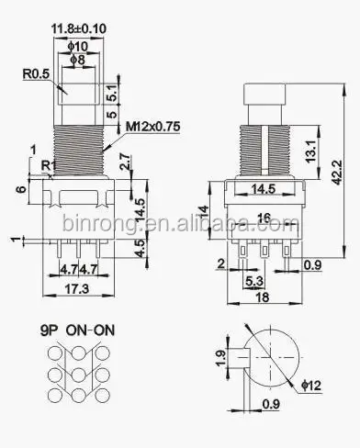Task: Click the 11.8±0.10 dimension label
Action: point(79,29)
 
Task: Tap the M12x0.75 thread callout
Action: point(152,127)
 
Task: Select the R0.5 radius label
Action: point(36,74)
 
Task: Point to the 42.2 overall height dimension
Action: point(337,173)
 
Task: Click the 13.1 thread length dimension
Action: point(310,151)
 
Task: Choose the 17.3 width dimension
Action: point(77,288)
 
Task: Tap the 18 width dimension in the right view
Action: point(263,297)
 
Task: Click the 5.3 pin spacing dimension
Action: point(254,281)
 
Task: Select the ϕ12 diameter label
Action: point(311,386)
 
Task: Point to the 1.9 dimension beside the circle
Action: point(221,358)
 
